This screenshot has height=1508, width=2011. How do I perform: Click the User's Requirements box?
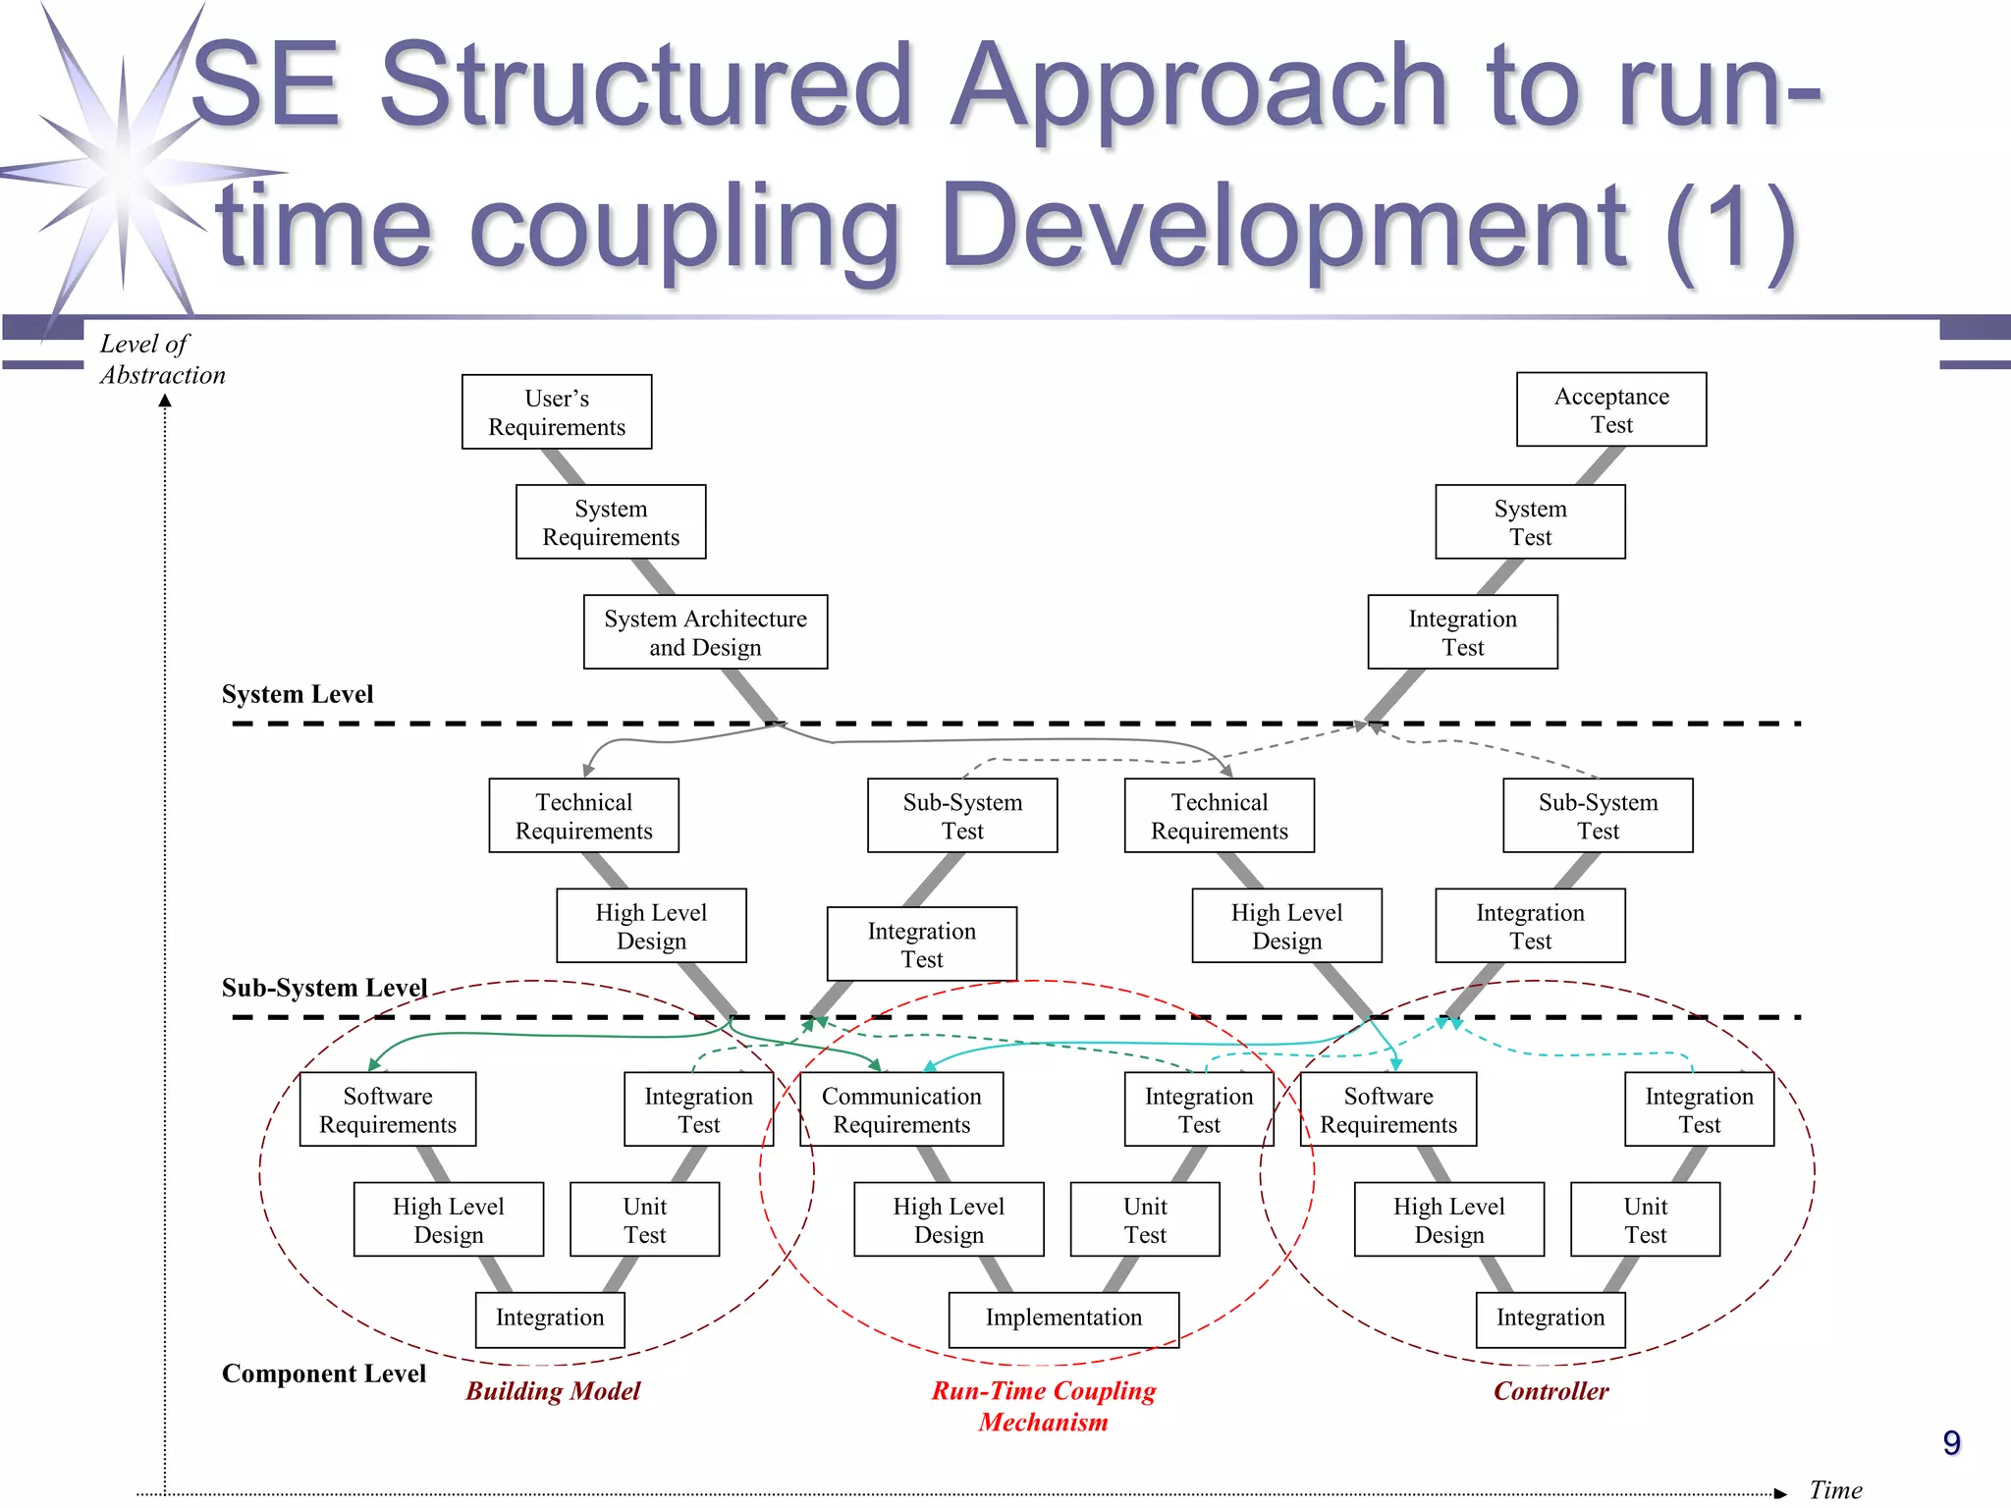tap(557, 412)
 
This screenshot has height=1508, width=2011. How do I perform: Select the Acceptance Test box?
tap(1611, 410)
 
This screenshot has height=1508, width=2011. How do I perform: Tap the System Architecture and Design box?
tap(705, 632)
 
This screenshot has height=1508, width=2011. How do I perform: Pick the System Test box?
tap(1530, 522)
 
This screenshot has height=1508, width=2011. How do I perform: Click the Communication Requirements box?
tap(901, 1109)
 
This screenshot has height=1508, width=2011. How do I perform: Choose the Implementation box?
tap(1063, 1319)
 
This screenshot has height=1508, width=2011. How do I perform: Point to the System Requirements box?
tap(611, 522)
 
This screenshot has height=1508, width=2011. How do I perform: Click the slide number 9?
tap(1951, 1442)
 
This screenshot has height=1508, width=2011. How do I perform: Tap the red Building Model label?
tap(553, 1391)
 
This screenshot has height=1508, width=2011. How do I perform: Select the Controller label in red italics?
tap(1550, 1391)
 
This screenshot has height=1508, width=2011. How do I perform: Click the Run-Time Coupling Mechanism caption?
tap(1043, 1406)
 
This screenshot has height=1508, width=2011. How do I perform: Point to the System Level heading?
tap(298, 694)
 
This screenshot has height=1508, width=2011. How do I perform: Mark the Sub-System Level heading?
tap(324, 988)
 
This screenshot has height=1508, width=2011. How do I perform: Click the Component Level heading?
tap(324, 1373)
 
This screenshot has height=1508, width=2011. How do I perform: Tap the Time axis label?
tap(1834, 1489)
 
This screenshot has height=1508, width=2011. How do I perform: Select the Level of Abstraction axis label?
tap(162, 359)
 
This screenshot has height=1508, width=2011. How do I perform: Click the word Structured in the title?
tap(646, 86)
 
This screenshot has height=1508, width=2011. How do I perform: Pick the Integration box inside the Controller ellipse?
tap(1550, 1319)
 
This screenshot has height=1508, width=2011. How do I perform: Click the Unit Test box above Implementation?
tap(1145, 1220)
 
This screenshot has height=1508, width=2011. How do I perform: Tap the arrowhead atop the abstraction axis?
tap(165, 401)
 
